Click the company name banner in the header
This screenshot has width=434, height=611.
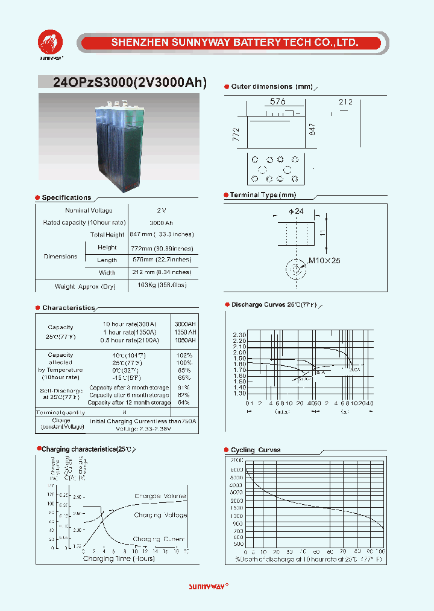pyautogui.click(x=234, y=43)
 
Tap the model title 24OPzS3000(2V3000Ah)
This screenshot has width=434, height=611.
pyautogui.click(x=130, y=83)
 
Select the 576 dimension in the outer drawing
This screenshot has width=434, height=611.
pyautogui.click(x=277, y=102)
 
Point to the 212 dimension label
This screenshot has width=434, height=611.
pyautogui.click(x=345, y=103)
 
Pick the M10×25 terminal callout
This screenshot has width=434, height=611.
pyautogui.click(x=325, y=260)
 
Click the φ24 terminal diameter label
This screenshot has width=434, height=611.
pyautogui.click(x=296, y=211)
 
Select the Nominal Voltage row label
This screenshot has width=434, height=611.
pyautogui.click(x=89, y=210)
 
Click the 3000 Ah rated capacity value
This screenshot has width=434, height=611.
pyautogui.click(x=161, y=223)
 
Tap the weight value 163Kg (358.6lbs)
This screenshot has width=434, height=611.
pyautogui.click(x=162, y=285)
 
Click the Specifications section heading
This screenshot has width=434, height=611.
pyautogui.click(x=66, y=197)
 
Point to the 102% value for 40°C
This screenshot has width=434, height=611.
pyautogui.click(x=184, y=356)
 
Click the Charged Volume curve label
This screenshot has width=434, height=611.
pyautogui.click(x=160, y=496)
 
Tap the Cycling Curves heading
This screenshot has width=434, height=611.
pyautogui.click(x=256, y=450)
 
